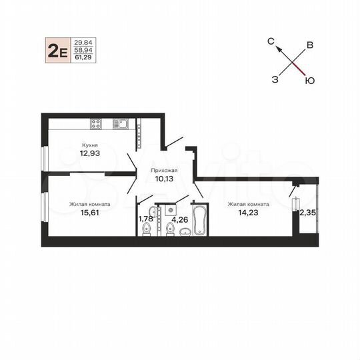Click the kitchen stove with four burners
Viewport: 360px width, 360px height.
pyautogui.click(x=95, y=123)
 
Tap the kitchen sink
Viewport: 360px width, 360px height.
pyautogui.click(x=121, y=123)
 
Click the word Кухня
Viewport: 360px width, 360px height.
pyautogui.click(x=91, y=145)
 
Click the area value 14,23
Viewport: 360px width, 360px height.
pyautogui.click(x=248, y=213)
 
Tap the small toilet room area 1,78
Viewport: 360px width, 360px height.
pyautogui.click(x=145, y=218)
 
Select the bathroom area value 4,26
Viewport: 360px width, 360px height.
pyautogui.click(x=178, y=218)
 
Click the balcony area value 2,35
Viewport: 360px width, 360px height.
pyautogui.click(x=308, y=213)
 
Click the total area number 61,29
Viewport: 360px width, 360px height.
pyautogui.click(x=85, y=59)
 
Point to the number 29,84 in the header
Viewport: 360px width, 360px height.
pyautogui.click(x=85, y=41)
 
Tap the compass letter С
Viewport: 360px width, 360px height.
pyautogui.click(x=272, y=41)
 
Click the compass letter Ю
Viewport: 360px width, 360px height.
pyautogui.click(x=310, y=79)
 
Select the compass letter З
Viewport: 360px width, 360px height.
pyautogui.click(x=275, y=79)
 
